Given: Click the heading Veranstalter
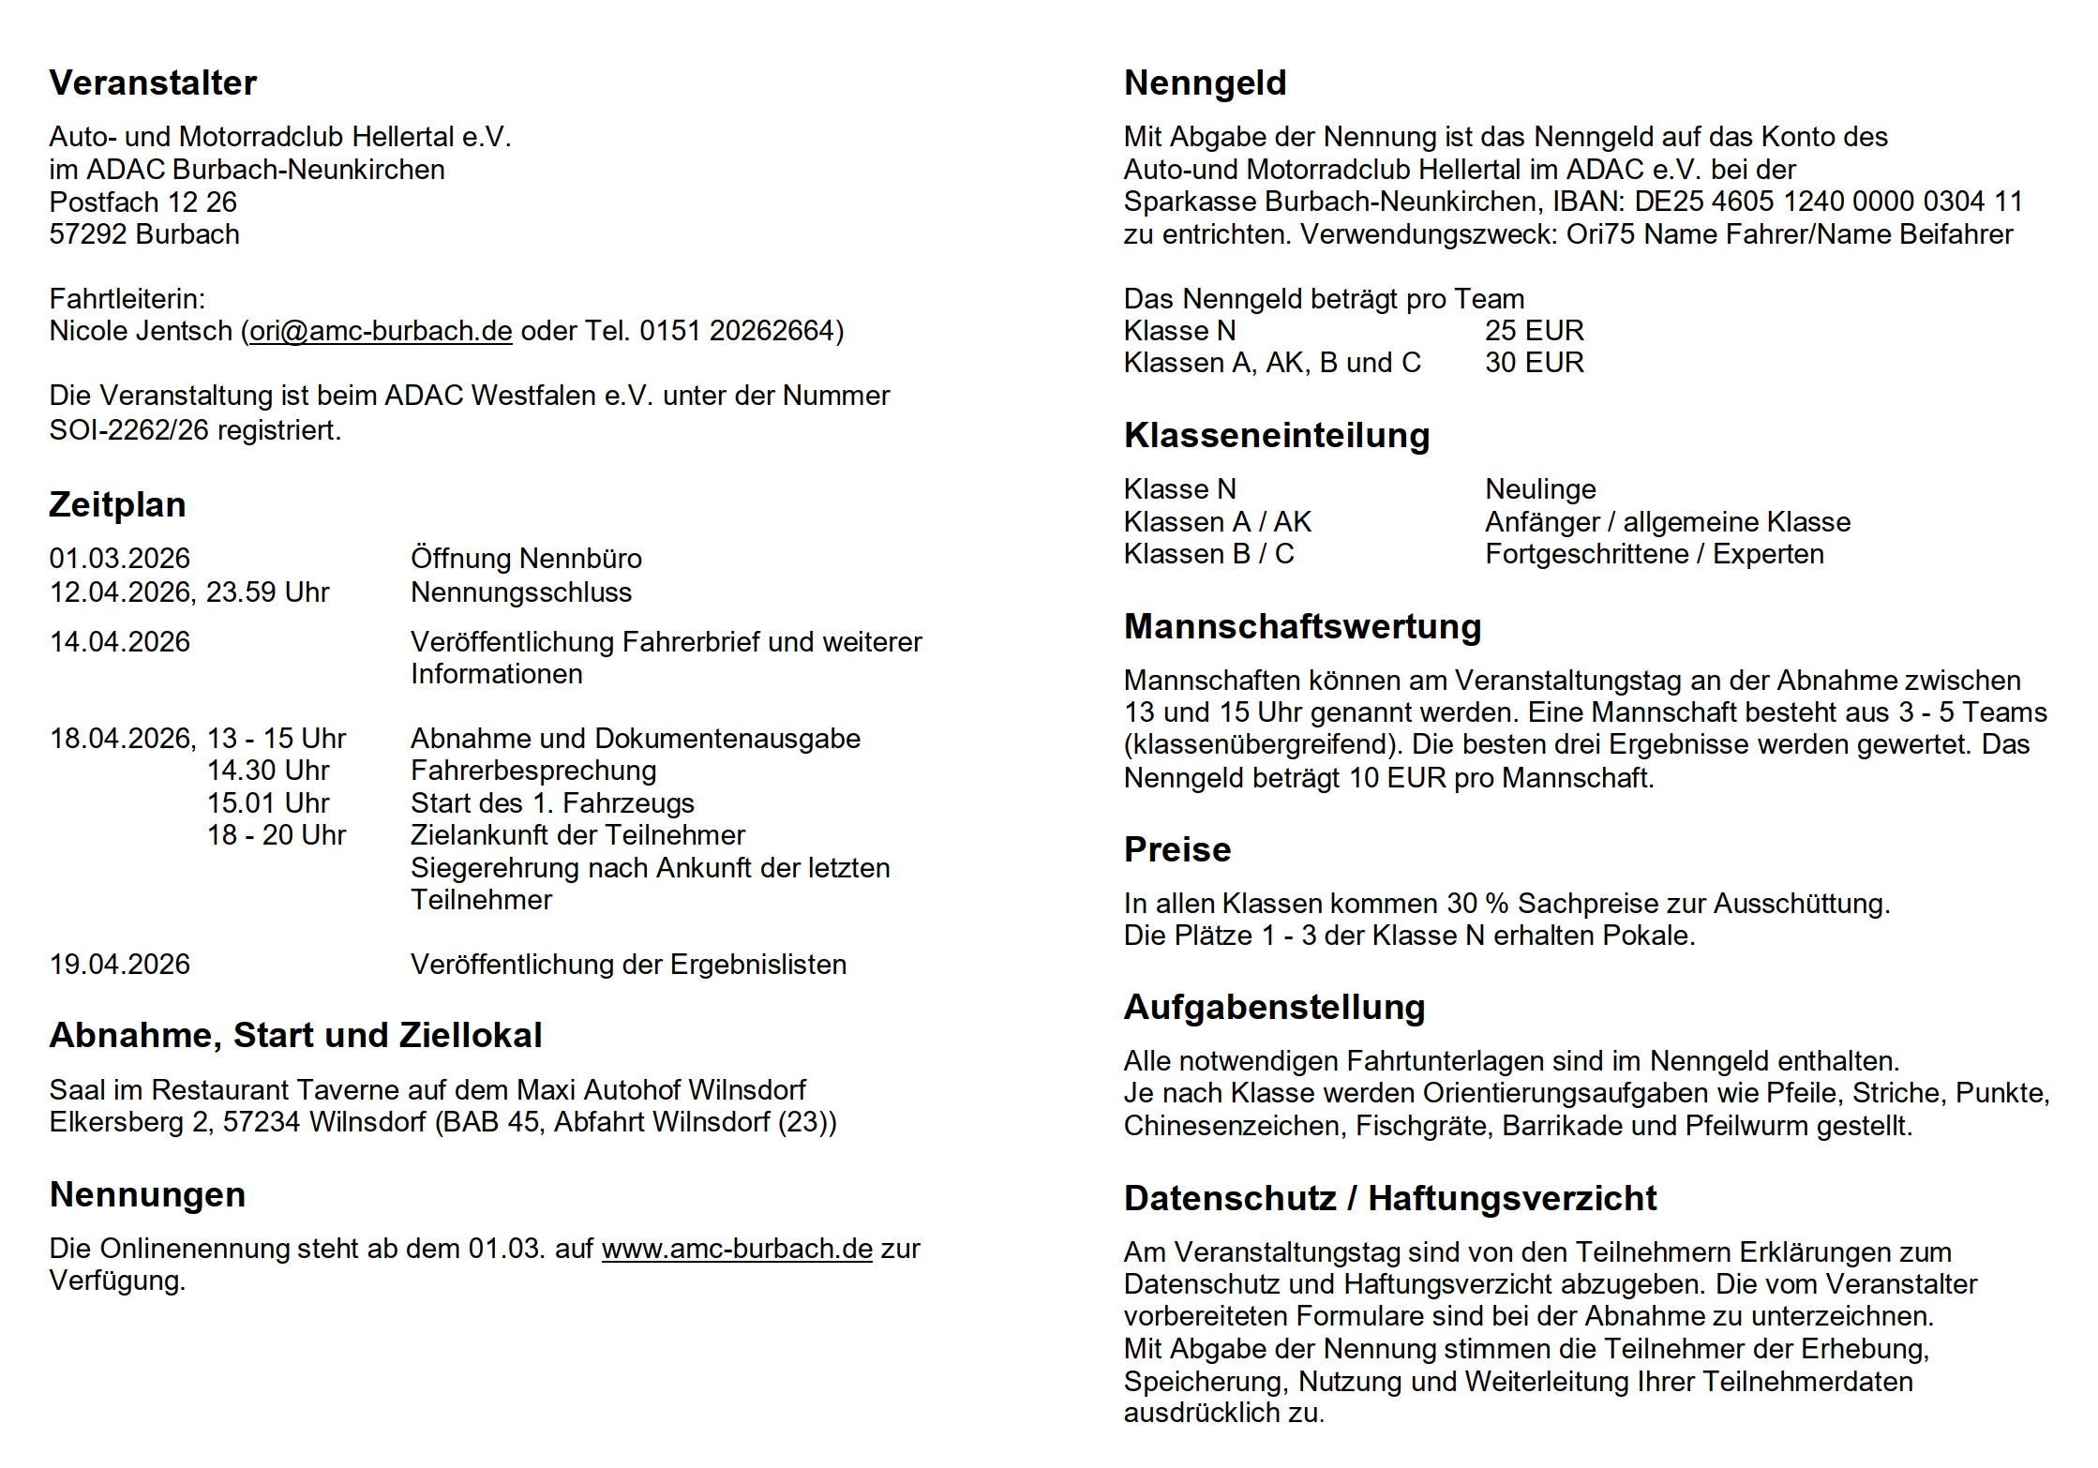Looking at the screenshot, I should point(152,83).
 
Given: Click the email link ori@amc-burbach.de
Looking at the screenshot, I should point(381,331).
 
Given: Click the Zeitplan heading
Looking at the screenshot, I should point(117,505).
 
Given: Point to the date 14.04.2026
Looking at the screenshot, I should point(120,642).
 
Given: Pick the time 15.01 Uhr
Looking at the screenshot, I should point(268,803).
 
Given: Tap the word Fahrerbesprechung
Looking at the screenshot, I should point(533,771).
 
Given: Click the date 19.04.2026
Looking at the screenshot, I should point(120,965).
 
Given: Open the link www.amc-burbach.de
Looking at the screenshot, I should point(737,1249).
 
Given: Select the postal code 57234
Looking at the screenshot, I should point(262,1122).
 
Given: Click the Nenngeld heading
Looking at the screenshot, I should point(1205,83).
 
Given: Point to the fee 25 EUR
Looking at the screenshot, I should point(1534,331).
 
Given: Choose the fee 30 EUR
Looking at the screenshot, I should point(1534,363).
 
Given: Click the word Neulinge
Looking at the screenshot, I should point(1540,489).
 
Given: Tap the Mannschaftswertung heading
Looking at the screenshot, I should point(1302,627).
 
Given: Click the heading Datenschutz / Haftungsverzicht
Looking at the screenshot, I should point(1389,1199).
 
